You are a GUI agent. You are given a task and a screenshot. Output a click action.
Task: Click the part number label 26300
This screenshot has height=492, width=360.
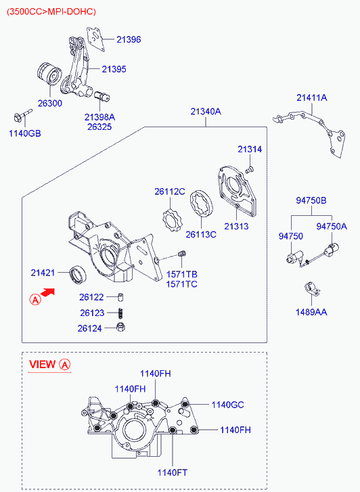tap(49, 103)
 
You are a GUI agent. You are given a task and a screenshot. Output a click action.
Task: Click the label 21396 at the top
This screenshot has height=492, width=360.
tap(129, 39)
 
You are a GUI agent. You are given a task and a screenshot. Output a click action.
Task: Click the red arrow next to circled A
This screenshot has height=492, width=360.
tap(48, 292)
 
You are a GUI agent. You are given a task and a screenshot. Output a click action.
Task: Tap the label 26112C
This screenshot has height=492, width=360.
tap(169, 192)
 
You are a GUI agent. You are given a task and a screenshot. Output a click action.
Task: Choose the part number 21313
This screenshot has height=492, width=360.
tap(237, 226)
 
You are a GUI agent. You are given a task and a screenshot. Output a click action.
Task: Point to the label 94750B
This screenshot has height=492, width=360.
tap(311, 201)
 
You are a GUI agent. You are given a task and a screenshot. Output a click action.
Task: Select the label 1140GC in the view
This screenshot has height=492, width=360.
tap(227, 405)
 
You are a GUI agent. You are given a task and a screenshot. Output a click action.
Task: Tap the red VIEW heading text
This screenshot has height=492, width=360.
tap(42, 364)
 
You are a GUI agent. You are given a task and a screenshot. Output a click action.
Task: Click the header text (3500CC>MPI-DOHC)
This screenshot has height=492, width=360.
tap(51, 12)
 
